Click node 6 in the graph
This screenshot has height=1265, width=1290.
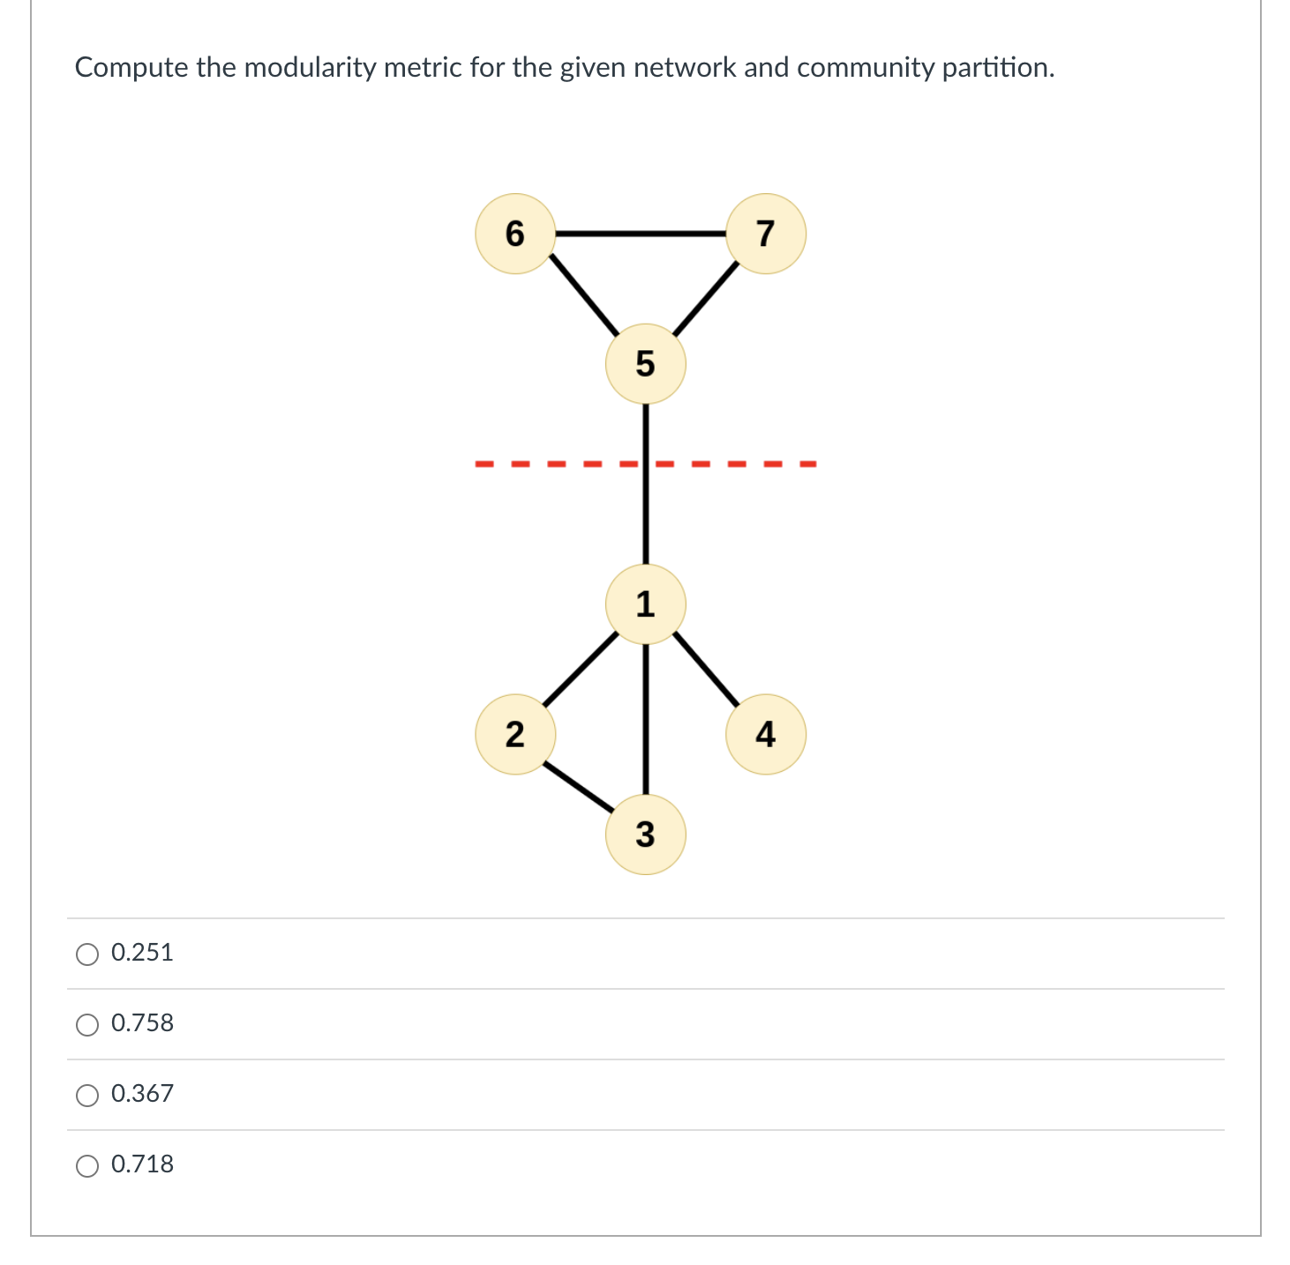[x=515, y=234]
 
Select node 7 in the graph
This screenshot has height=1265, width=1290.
[x=765, y=234]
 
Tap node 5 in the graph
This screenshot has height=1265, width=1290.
[x=645, y=363]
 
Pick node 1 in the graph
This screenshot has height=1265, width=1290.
[x=645, y=604]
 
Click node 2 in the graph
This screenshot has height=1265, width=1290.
[x=515, y=734]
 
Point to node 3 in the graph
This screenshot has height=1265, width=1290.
[x=645, y=834]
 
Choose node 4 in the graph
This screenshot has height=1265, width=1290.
[x=765, y=734]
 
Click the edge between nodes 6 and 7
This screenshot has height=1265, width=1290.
[x=640, y=234]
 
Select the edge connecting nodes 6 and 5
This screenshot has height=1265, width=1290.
[x=583, y=296]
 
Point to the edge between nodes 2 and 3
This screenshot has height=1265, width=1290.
[x=578, y=785]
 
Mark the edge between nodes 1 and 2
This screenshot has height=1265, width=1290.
[x=580, y=669]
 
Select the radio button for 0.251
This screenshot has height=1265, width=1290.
[x=87, y=954]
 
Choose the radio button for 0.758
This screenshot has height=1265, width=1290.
[x=87, y=1024]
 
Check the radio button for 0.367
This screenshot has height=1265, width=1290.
[x=87, y=1095]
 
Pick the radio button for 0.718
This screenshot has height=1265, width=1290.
[x=87, y=1165]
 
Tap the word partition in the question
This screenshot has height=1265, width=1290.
[x=996, y=67]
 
